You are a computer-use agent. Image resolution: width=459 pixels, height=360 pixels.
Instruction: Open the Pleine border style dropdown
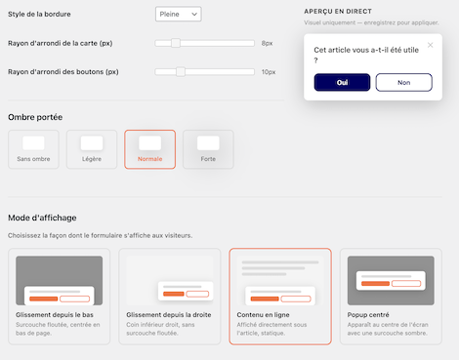179,15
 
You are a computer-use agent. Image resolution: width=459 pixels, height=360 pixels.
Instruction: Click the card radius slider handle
176,43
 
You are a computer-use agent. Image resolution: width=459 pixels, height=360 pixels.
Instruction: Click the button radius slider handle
181,71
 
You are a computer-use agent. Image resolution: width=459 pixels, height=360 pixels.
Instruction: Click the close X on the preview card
430,45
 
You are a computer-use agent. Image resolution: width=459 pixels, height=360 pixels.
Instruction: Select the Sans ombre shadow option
33,149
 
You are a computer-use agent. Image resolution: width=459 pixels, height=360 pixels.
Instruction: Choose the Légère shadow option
92,149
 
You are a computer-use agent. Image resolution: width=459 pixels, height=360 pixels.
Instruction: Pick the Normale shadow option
149,149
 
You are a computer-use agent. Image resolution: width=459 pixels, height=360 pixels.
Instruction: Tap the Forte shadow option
208,149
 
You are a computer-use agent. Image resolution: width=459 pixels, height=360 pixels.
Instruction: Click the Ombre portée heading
35,117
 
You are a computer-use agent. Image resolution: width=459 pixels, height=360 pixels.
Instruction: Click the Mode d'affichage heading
42,218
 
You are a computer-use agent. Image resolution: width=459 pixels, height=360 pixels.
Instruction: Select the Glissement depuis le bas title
55,315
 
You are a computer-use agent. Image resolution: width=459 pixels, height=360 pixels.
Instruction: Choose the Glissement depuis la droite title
169,315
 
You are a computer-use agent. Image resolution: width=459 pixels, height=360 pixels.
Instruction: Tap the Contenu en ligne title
263,315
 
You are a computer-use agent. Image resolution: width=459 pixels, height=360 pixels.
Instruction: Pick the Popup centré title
368,315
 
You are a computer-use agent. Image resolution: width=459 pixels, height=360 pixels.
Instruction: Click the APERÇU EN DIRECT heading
338,12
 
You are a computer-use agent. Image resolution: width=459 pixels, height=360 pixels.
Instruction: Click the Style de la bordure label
39,14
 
